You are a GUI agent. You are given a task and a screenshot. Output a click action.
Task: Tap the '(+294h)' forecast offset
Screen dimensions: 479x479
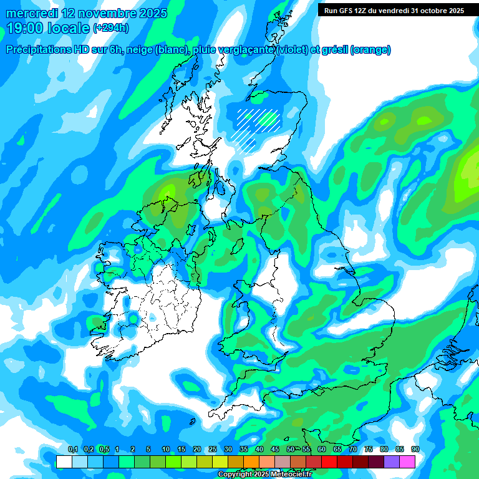[110, 28]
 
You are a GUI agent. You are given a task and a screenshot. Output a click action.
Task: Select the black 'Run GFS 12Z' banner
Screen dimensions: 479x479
[394, 10]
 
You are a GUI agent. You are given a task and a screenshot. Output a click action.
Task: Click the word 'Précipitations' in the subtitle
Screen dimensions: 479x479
[38, 50]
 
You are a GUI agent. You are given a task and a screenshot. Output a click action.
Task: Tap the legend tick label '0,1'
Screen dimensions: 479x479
[72, 450]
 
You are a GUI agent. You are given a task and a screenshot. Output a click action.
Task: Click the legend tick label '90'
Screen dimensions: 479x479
[415, 450]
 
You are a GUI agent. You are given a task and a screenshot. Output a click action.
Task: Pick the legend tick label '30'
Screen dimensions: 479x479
[228, 450]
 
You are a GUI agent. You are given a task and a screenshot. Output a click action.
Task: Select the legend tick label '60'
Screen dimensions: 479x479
[322, 450]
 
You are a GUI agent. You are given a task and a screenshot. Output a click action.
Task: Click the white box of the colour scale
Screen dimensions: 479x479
[64, 462]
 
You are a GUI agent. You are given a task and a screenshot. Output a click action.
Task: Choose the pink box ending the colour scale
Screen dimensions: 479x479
[407, 462]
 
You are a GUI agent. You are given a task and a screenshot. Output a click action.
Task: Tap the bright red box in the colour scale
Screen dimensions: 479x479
[329, 462]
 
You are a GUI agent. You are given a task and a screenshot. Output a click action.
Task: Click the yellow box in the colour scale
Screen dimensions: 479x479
[220, 462]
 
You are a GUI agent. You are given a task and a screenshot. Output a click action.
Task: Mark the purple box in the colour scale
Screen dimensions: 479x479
[392, 462]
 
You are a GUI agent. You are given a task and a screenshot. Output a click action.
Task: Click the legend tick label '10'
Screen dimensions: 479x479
[166, 450]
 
